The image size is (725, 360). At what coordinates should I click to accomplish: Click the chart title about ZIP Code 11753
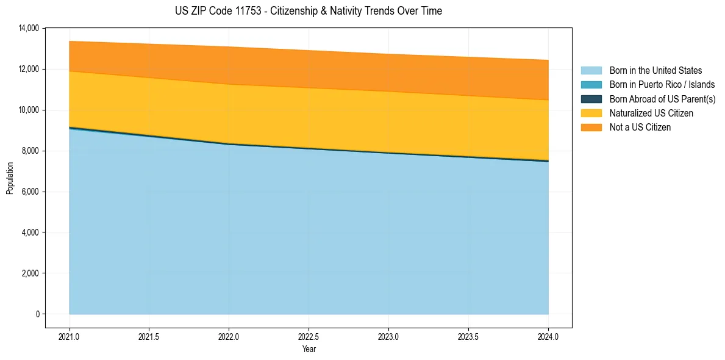point(308,11)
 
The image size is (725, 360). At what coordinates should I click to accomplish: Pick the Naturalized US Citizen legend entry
point(651,113)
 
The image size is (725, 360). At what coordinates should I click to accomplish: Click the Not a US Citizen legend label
point(640,128)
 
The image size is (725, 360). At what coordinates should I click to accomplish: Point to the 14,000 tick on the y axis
point(29,28)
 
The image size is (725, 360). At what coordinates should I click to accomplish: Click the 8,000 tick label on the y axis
point(30,151)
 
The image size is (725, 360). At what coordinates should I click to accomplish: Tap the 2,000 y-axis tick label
point(30,273)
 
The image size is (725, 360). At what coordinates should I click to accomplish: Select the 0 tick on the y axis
point(37,314)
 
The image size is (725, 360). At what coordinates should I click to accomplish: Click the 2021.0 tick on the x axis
point(69,336)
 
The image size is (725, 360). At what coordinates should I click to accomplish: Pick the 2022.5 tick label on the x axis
point(309,336)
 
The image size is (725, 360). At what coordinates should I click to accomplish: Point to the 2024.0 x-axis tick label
point(548,336)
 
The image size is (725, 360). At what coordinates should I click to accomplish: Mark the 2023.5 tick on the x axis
point(468,336)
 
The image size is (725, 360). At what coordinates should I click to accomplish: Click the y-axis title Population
point(10,179)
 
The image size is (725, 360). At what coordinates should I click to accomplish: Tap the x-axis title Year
point(309,350)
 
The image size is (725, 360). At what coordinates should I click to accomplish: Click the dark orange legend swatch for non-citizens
point(591,128)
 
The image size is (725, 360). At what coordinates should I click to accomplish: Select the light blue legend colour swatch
point(591,71)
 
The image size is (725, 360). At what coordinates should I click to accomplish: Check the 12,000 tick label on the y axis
point(29,69)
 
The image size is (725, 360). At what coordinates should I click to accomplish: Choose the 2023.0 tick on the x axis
point(388,336)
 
